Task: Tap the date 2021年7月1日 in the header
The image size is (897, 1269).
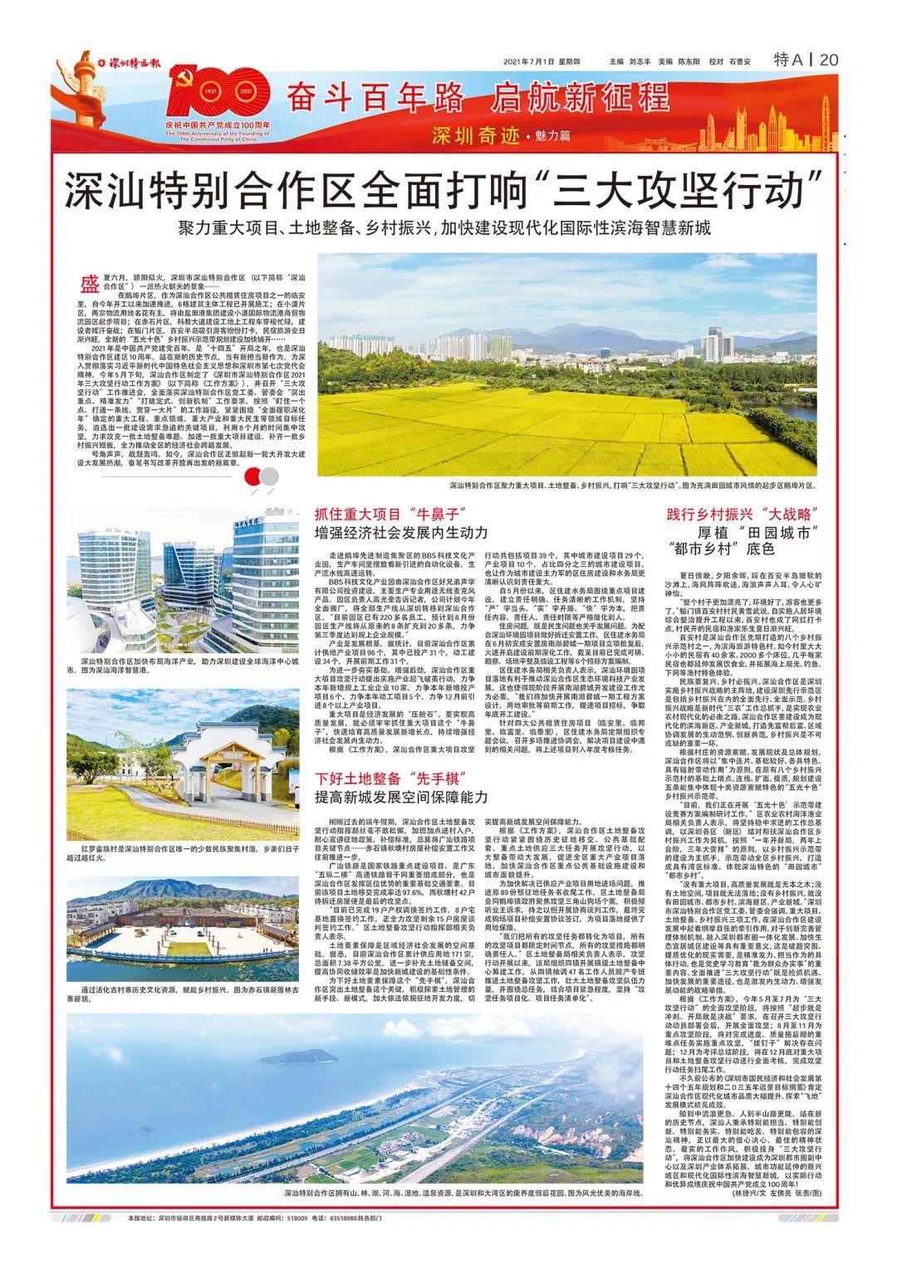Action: tap(530, 61)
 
